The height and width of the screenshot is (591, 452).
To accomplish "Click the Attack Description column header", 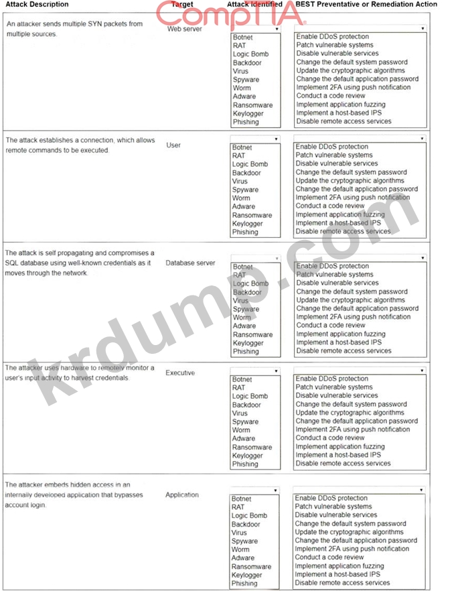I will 37,5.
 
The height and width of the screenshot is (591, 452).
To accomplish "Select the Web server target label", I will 184,29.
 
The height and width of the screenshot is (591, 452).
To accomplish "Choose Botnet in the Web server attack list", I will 242,38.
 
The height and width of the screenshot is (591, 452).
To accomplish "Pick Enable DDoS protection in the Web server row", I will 332,37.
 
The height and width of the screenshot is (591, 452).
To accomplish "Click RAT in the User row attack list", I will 238,155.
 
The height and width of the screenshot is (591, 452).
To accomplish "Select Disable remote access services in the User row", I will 343,232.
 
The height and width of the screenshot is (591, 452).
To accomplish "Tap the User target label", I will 173,145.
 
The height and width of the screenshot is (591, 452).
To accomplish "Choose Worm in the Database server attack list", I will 241,318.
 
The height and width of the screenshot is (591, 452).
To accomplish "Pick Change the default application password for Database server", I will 356,308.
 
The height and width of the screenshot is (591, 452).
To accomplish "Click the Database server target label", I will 190,263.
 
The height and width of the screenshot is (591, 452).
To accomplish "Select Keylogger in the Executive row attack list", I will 247,456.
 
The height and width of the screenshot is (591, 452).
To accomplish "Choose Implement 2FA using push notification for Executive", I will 352,430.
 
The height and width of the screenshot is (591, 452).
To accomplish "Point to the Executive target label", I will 180,373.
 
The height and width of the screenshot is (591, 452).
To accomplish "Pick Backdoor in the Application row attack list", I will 246,524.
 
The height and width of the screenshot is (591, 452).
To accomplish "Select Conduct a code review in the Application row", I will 330,557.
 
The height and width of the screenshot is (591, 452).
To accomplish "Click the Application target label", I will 182,495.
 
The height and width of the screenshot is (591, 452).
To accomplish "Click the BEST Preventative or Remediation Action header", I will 376,5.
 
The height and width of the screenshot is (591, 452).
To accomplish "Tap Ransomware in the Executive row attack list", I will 252,447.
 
